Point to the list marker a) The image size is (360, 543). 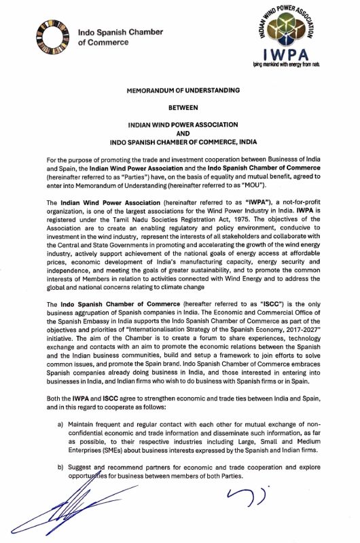[62, 425]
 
